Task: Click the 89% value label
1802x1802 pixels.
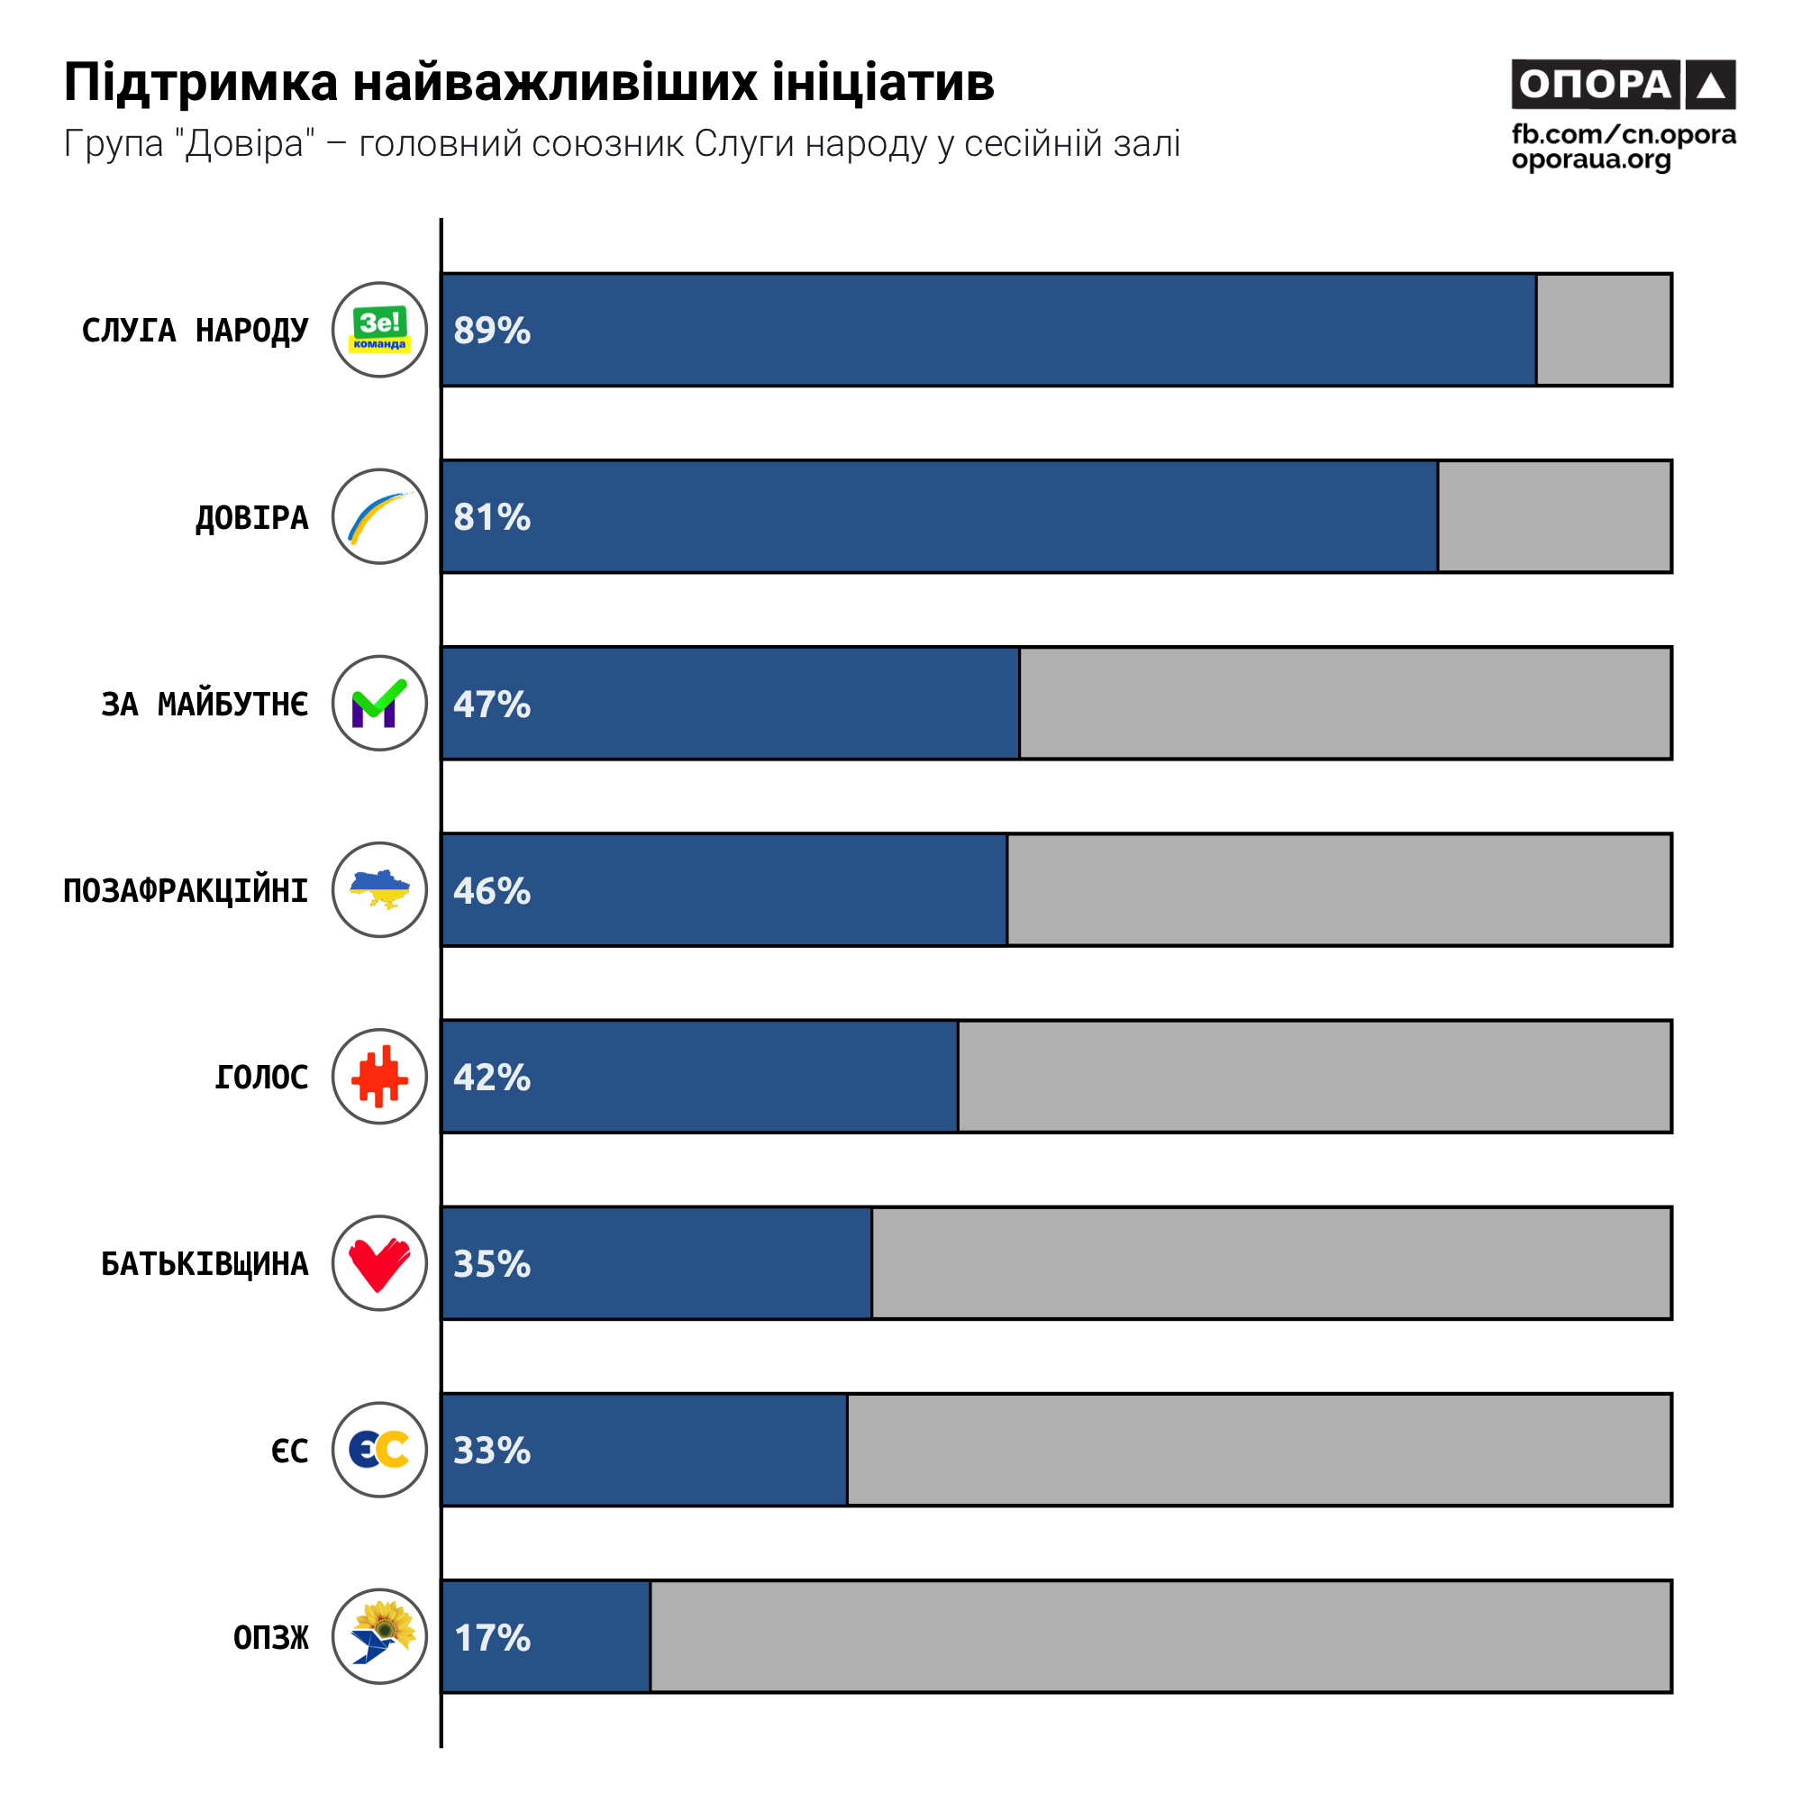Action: pyautogui.click(x=492, y=330)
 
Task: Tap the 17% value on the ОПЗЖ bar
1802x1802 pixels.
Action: pyautogui.click(x=492, y=1637)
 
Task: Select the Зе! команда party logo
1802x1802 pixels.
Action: pyautogui.click(x=379, y=330)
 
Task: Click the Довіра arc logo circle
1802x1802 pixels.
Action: pyautogui.click(x=379, y=516)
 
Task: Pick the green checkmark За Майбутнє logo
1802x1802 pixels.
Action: pyautogui.click(x=379, y=704)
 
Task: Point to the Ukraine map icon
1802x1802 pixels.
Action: pyautogui.click(x=379, y=890)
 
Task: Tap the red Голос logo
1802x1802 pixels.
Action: pyautogui.click(x=379, y=1077)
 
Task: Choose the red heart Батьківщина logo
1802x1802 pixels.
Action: pyautogui.click(x=379, y=1263)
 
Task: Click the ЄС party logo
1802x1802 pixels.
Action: pyautogui.click(x=379, y=1450)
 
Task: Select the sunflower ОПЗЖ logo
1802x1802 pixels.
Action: pyautogui.click(x=379, y=1636)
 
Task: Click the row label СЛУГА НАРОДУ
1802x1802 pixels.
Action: pyautogui.click(x=195, y=330)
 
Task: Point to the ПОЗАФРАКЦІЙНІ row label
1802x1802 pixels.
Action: pyautogui.click(x=186, y=891)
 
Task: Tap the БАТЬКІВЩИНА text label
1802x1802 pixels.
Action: pyautogui.click(x=205, y=1264)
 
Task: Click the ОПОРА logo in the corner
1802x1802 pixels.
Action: pyautogui.click(x=1623, y=85)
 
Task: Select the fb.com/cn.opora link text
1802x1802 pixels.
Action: pyautogui.click(x=1623, y=134)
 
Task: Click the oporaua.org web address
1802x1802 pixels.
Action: pyautogui.click(x=1591, y=159)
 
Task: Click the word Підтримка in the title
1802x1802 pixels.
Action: pyautogui.click(x=201, y=83)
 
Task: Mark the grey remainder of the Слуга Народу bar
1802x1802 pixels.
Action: pyautogui.click(x=1604, y=330)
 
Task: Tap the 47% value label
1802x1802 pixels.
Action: pyautogui.click(x=492, y=705)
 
